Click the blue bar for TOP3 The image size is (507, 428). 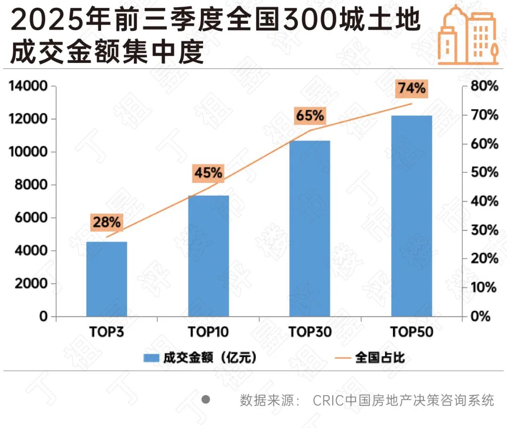click(107, 279)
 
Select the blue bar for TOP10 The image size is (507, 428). click(208, 256)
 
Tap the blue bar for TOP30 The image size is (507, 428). click(310, 228)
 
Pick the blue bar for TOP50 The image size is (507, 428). click(411, 216)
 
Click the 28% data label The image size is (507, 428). click(107, 222)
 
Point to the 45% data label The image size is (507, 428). click(208, 173)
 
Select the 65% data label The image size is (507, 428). click(310, 115)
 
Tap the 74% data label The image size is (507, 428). click(412, 88)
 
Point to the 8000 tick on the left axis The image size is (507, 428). click(31, 185)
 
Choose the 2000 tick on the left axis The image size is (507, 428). click(31, 283)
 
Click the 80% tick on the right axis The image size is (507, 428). click(484, 86)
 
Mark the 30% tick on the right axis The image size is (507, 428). click(484, 230)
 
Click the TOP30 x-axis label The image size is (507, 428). click(310, 332)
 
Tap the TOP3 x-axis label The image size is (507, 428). click(107, 332)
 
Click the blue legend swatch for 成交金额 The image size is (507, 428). click(151, 358)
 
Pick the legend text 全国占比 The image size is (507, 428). click(380, 358)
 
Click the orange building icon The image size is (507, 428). click(468, 35)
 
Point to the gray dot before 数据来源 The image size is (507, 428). click(206, 400)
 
